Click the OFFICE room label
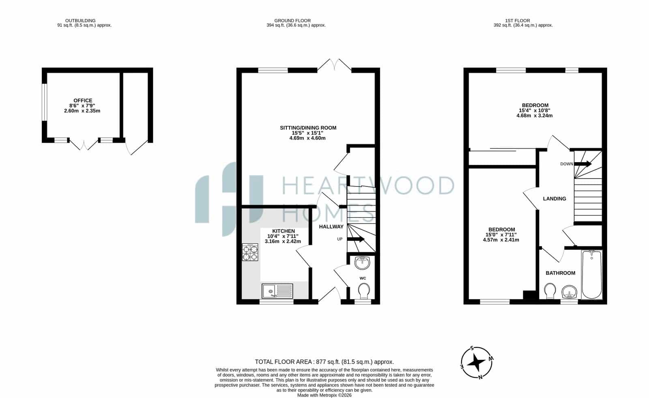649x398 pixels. coord(83,101)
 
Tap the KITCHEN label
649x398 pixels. coord(284,231)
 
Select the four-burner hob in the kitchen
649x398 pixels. coord(250,252)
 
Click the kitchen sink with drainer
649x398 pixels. coord(277,291)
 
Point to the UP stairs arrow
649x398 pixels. coord(355,239)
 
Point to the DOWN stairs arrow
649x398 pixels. coord(582,164)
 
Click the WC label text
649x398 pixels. coord(363,278)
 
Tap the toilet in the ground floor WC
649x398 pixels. coord(364,291)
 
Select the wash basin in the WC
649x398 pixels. coord(362,263)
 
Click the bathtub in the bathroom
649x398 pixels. coord(592,274)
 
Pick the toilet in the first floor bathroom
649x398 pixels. coord(550,291)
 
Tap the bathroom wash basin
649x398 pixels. coord(569,292)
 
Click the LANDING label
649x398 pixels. coord(554,199)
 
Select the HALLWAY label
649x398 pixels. coord(331,227)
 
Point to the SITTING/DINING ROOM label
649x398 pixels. coord(308,128)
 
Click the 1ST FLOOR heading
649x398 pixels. coord(518,21)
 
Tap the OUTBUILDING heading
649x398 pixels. coord(80,21)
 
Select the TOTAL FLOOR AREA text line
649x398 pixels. coord(324,362)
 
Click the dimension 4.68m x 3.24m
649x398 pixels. coord(535,116)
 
